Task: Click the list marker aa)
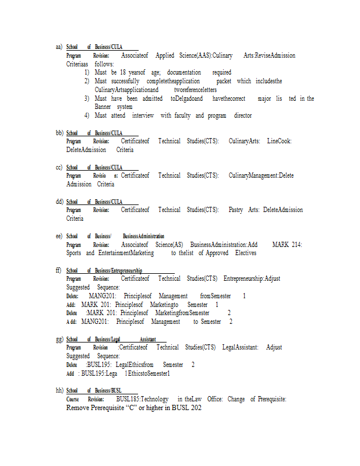point(59,47)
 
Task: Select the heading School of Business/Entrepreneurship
point(104,270)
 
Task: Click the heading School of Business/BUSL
point(94,390)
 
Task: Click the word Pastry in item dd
point(237,210)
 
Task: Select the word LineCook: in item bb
point(279,142)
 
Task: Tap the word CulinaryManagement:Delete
point(261,175)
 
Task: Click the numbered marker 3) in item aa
point(86,98)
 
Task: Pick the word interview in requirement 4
point(143,115)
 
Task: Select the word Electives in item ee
point(246,253)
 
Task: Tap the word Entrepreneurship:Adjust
point(252,278)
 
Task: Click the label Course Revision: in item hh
point(87,399)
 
